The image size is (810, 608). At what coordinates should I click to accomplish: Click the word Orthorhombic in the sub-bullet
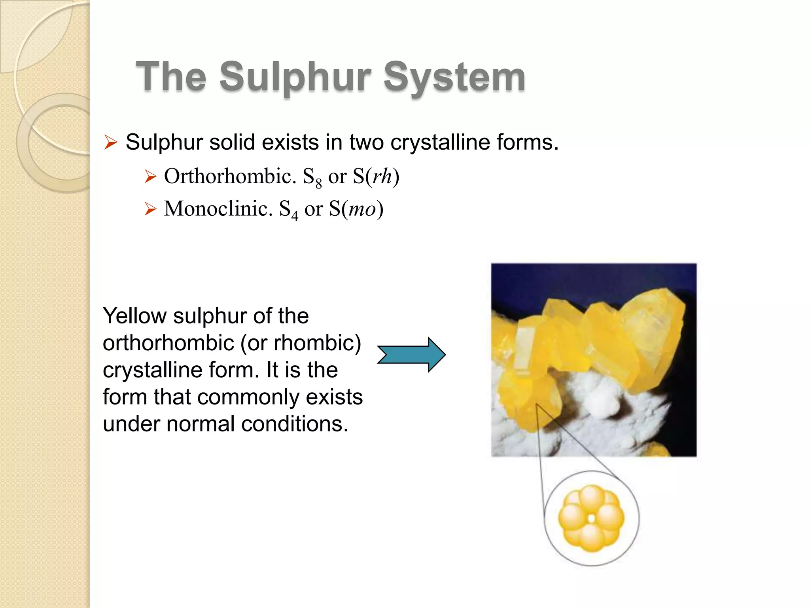point(230,176)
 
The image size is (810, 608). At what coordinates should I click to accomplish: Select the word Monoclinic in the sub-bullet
point(218,209)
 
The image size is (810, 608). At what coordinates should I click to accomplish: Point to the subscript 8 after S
point(318,184)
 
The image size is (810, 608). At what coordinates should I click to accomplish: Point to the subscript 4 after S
point(295,216)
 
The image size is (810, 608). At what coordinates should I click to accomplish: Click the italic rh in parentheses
point(382,176)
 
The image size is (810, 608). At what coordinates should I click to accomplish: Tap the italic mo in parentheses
point(362,209)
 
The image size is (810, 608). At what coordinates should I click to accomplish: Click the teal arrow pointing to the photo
point(411,355)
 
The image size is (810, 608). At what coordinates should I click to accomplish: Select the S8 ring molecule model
point(591,518)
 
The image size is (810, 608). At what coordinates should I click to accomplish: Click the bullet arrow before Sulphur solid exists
point(111,142)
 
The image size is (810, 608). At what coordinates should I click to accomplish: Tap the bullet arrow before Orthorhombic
point(150,176)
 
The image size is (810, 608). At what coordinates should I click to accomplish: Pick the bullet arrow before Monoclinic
point(150,209)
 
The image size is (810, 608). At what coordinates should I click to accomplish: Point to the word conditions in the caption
point(294,424)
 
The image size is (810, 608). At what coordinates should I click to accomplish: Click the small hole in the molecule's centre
point(591,518)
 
